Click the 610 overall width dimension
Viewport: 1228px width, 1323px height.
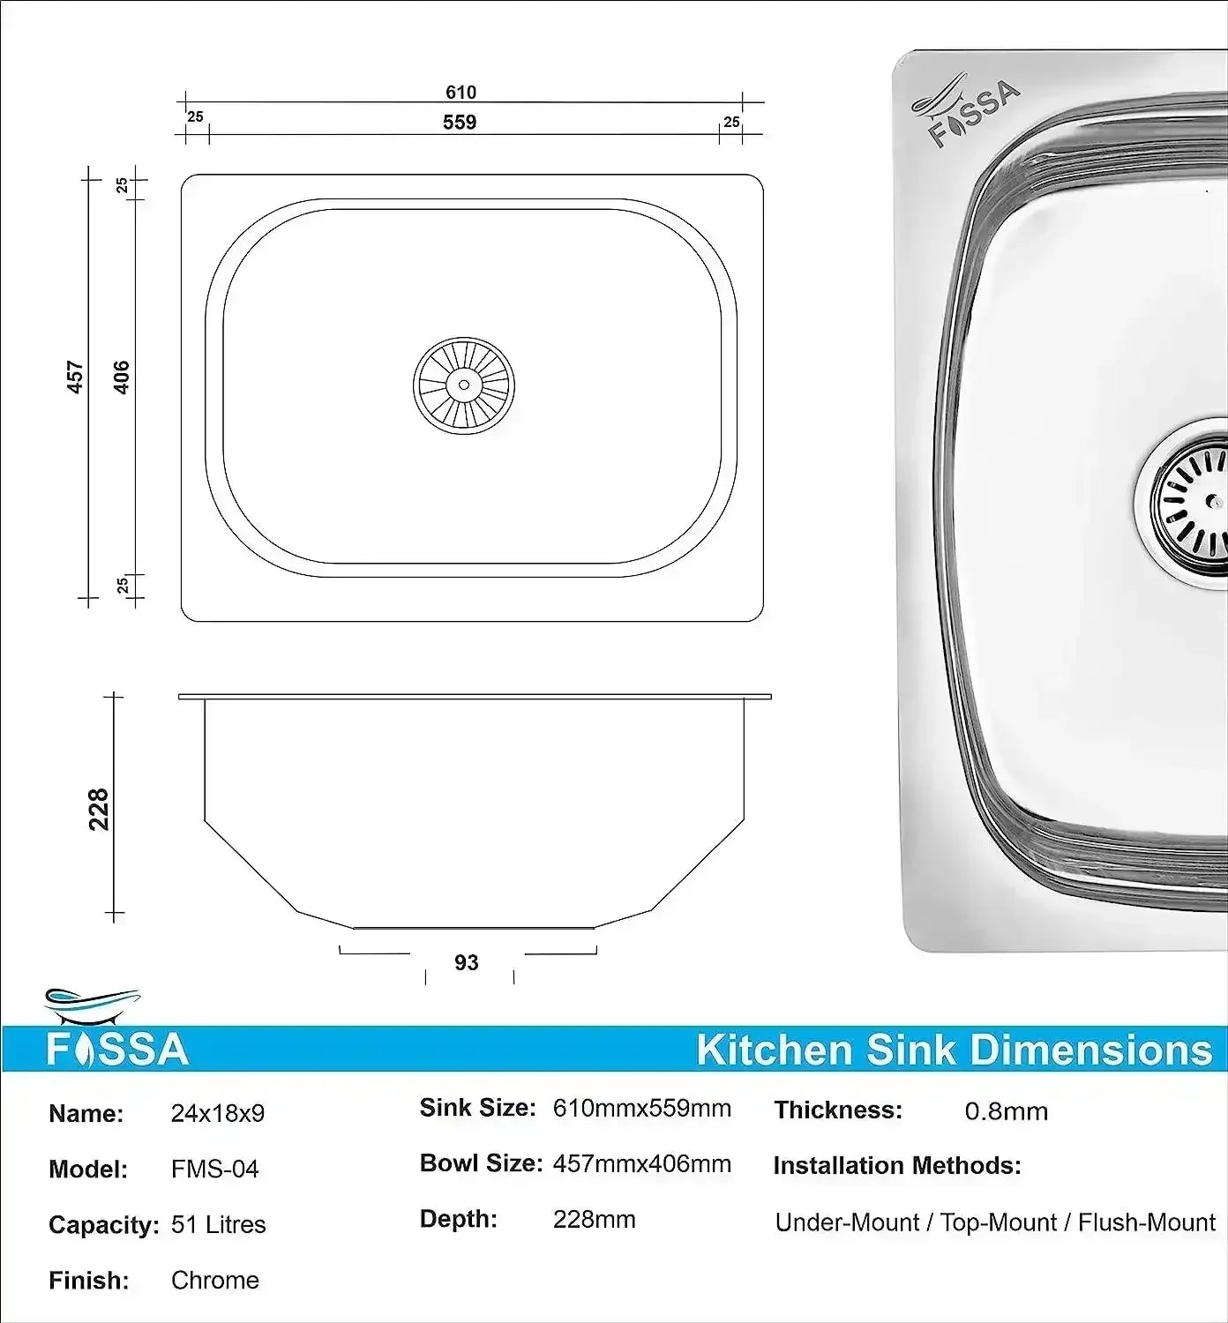[x=460, y=92]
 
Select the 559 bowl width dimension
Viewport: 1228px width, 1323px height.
[x=460, y=122]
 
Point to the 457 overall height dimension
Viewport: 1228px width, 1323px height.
[x=76, y=377]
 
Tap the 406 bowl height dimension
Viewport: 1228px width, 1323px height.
[x=122, y=377]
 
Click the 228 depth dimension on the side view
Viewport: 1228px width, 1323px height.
[x=99, y=809]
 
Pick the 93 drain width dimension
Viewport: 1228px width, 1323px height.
[x=467, y=962]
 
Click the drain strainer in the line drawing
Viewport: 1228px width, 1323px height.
[x=464, y=385]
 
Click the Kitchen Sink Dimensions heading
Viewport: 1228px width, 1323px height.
[x=954, y=1050]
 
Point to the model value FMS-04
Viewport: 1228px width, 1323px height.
[x=215, y=1169]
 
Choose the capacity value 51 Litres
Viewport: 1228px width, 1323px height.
[x=219, y=1224]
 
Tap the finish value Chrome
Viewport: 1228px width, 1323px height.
[x=215, y=1280]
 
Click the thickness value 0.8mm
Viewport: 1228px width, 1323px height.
[x=1007, y=1110]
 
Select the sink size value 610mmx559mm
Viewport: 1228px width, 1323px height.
[x=641, y=1108]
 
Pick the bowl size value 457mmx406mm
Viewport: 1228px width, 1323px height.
[x=641, y=1163]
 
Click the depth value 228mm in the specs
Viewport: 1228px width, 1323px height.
[x=594, y=1219]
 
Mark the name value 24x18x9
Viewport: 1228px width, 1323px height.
[x=218, y=1113]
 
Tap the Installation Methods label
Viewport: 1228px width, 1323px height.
[x=897, y=1166]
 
